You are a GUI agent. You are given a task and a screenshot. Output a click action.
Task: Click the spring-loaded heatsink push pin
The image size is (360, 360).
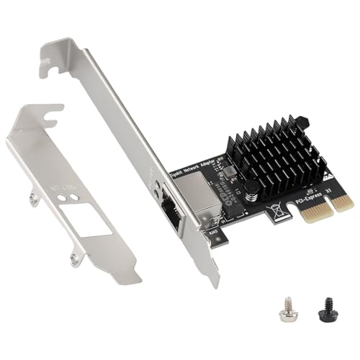pyautogui.click(x=252, y=191)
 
